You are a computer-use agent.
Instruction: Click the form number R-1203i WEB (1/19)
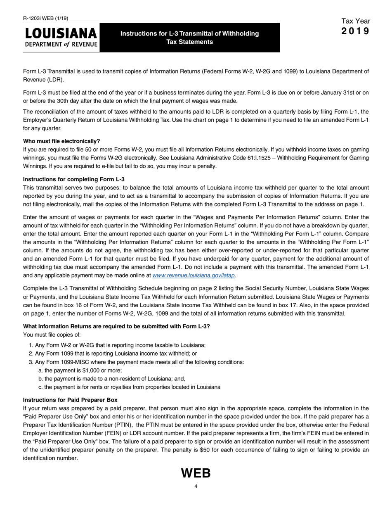tap(46, 18)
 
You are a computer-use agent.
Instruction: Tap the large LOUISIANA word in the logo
tap(61, 33)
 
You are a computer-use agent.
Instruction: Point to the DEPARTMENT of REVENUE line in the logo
tap(61, 45)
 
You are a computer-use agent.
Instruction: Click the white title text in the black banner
tap(189, 38)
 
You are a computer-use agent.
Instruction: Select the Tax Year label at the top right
tap(356, 21)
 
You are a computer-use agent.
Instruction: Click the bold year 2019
tap(356, 31)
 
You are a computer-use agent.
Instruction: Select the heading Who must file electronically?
tap(61, 141)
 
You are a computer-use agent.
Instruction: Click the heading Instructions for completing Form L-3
tap(73, 179)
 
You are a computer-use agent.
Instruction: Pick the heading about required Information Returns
tap(116, 326)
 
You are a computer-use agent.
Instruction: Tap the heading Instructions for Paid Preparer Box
tap(70, 400)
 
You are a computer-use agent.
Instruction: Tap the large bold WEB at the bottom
tap(196, 473)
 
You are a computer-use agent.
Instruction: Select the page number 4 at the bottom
tap(196, 487)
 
